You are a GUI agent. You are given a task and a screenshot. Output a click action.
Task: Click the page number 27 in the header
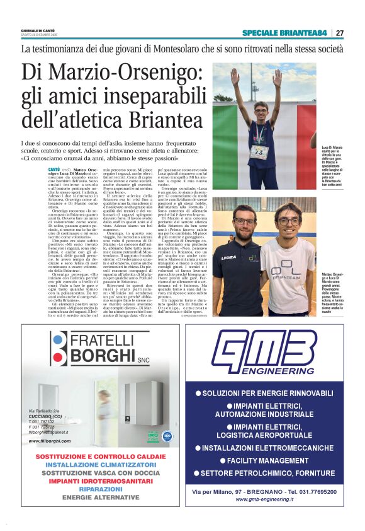click(340, 33)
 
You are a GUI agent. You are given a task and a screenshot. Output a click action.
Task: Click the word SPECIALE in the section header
click(259, 33)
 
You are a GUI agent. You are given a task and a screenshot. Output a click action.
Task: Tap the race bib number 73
click(259, 151)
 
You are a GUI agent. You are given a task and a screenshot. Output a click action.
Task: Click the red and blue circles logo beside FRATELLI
click(59, 346)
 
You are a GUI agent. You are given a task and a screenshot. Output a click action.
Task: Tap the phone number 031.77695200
click(313, 491)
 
